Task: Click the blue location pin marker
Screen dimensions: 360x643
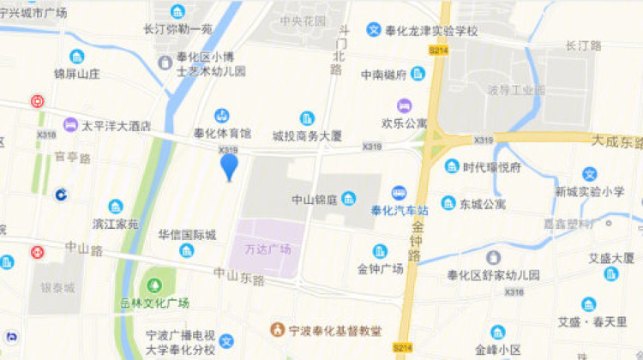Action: pyautogui.click(x=229, y=165)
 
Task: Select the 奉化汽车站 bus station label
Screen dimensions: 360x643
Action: pyautogui.click(x=399, y=211)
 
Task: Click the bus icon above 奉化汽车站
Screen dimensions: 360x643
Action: pyautogui.click(x=399, y=194)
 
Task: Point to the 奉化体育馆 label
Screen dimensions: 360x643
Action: pyautogui.click(x=221, y=134)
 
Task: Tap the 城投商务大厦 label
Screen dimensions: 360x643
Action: pyautogui.click(x=307, y=135)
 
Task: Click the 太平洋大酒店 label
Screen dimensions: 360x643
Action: pyautogui.click(x=117, y=126)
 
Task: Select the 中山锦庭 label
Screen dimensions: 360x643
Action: pyautogui.click(x=314, y=200)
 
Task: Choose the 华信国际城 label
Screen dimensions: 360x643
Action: pyautogui.click(x=187, y=234)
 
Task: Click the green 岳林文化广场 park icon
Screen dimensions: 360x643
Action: pyautogui.click(x=154, y=283)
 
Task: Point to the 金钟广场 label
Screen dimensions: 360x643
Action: pyautogui.click(x=382, y=268)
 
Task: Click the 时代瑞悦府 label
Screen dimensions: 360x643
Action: pyautogui.click(x=491, y=167)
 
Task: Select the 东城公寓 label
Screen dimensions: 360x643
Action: pyautogui.click(x=482, y=204)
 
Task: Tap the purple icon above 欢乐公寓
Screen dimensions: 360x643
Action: pyautogui.click(x=404, y=105)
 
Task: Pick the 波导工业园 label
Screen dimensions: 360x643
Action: pyautogui.click(x=517, y=90)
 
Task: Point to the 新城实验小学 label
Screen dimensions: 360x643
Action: pyautogui.click(x=589, y=192)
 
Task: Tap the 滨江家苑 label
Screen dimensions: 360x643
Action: pyautogui.click(x=116, y=224)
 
